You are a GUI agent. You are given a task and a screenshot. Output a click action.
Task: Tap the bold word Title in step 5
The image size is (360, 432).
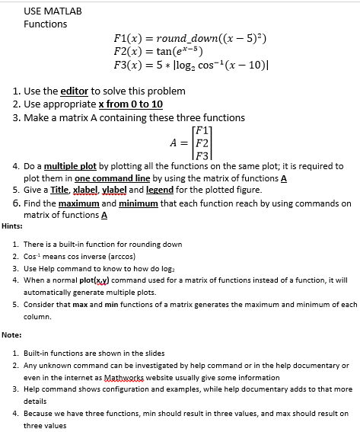pyautogui.click(x=62, y=189)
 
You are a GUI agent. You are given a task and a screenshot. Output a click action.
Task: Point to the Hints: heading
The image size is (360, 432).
pyautogui.click(x=12, y=226)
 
